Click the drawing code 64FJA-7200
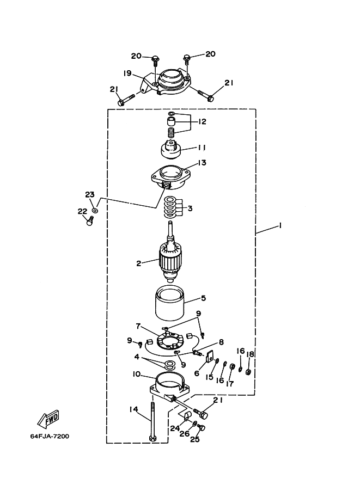click(50, 436)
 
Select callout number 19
click(127, 73)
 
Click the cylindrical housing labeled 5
click(170, 302)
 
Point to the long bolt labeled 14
click(152, 421)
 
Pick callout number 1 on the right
click(280, 226)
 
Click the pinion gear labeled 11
click(171, 151)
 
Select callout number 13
click(202, 163)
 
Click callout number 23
click(90, 195)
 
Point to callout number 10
click(137, 375)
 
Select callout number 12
click(203, 121)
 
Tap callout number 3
click(190, 208)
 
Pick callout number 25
click(195, 439)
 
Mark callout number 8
click(221, 342)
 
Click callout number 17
click(230, 384)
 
